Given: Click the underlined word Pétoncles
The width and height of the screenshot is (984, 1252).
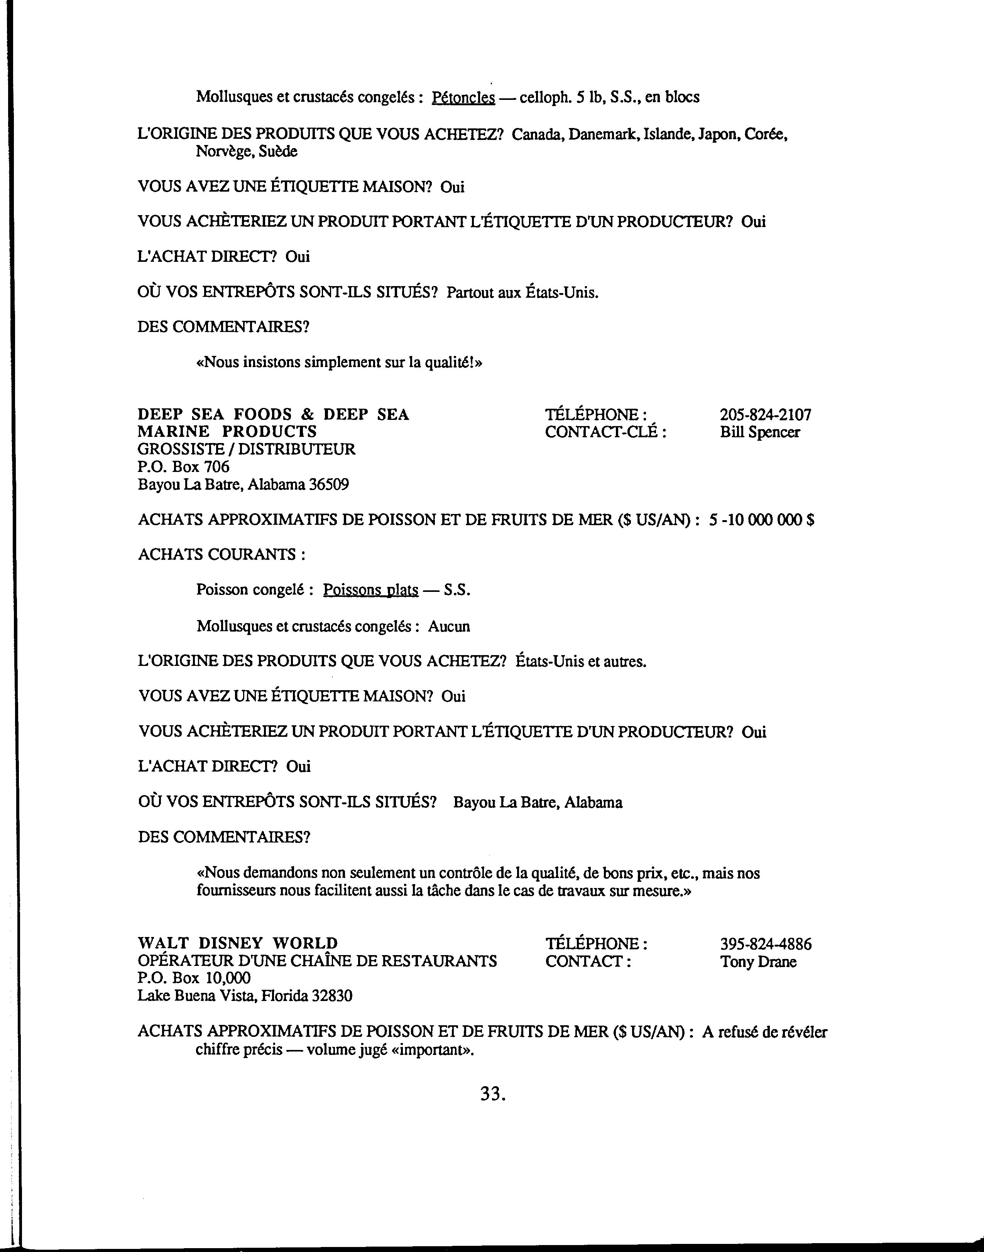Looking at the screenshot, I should click(x=463, y=97).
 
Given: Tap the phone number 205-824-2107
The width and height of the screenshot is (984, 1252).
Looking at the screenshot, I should click(x=765, y=415).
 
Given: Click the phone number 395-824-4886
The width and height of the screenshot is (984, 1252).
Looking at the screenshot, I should click(x=766, y=944).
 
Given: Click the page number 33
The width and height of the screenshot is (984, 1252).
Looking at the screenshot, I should click(x=492, y=1094).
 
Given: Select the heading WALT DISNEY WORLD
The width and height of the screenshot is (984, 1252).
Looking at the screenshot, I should click(x=237, y=943).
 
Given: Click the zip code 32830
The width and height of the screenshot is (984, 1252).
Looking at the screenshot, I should click(x=332, y=995).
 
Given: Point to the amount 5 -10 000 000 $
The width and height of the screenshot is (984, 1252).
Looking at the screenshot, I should click(x=762, y=520).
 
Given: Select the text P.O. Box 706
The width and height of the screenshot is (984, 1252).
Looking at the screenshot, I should click(x=183, y=467).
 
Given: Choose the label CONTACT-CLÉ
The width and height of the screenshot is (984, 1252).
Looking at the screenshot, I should click(x=605, y=432).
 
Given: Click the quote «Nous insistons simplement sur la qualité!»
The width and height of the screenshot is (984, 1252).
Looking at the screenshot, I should click(x=339, y=363).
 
